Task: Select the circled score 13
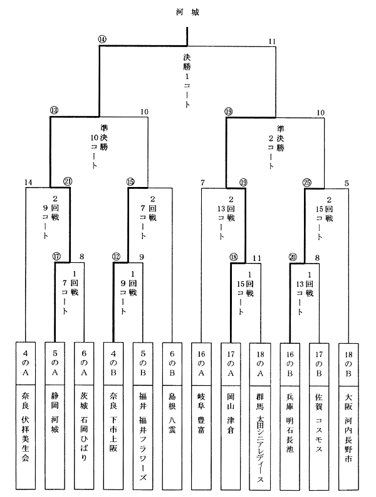tap(54, 110)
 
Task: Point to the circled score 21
tap(67, 182)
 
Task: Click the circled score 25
tap(307, 182)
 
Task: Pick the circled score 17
tap(57, 256)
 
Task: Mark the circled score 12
tap(116, 256)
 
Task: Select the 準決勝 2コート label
tap(280, 142)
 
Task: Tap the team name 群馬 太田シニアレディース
tap(260, 433)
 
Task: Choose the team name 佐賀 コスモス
tap(319, 417)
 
